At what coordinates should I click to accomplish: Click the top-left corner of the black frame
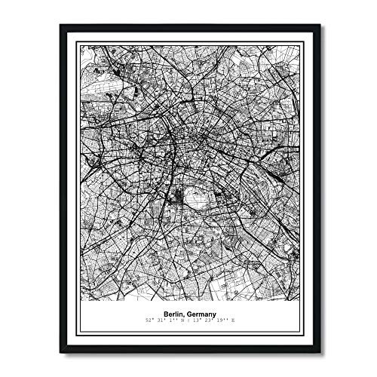tap(60, 25)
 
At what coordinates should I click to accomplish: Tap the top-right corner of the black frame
tap(317, 25)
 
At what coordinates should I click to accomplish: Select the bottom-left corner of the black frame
tap(60, 352)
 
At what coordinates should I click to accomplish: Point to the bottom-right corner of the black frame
tap(317, 352)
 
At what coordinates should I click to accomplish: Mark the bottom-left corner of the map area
tap(81, 308)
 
